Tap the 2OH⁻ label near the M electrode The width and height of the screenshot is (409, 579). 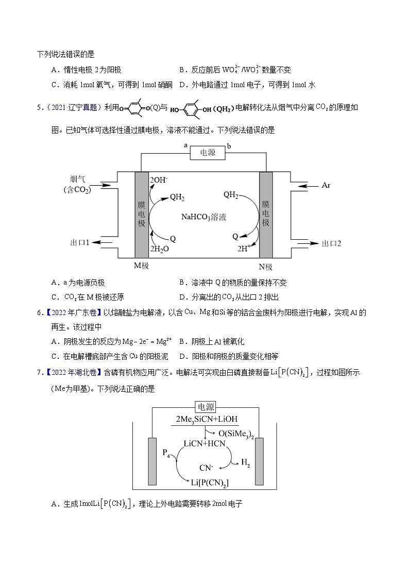click(159, 180)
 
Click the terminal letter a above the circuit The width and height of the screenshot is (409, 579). click(185, 146)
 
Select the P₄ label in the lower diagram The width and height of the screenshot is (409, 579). click(166, 452)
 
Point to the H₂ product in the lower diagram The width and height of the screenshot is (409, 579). click(246, 463)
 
